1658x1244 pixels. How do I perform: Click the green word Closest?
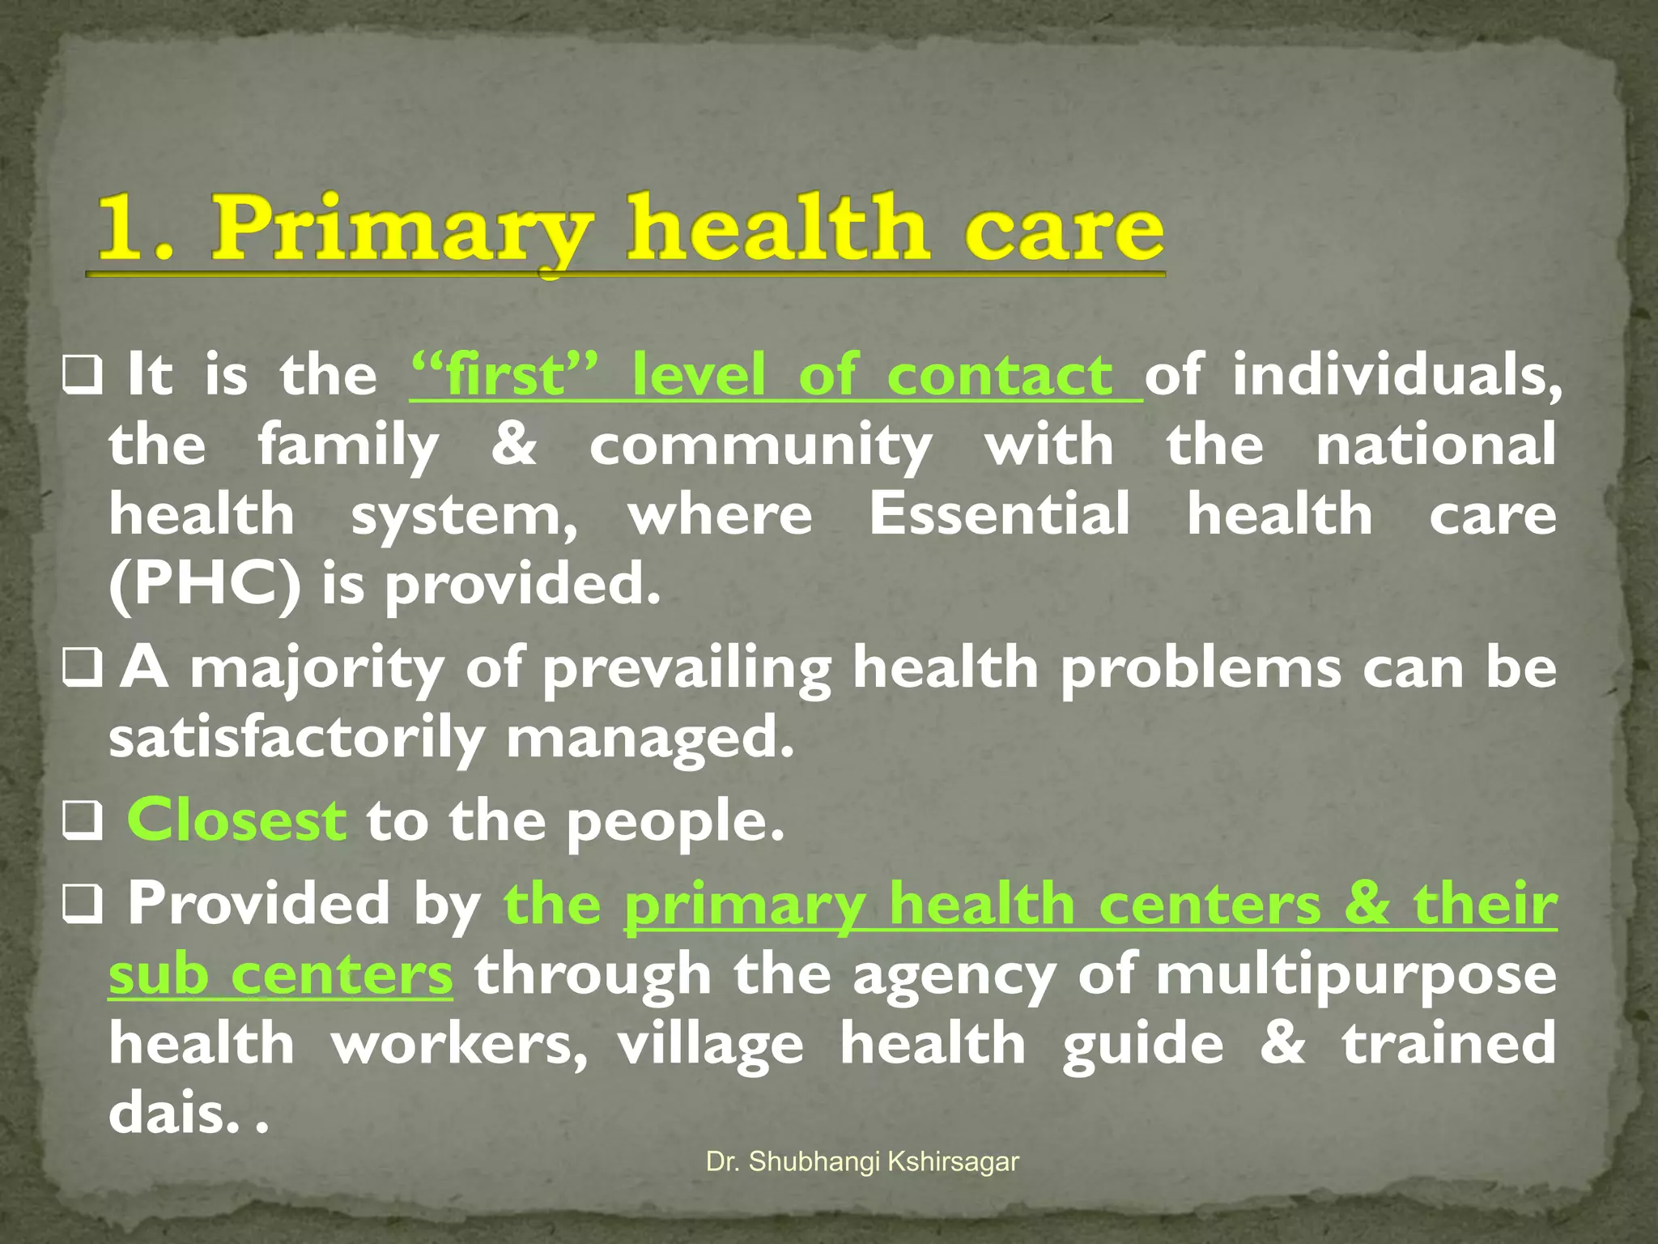tap(236, 820)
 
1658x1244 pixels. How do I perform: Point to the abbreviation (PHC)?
tap(204, 585)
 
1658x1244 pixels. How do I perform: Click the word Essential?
tap(999, 514)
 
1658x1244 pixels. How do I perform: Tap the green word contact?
tap(1000, 376)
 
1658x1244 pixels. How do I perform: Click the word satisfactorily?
tap(296, 739)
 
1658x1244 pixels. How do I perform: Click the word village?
tap(711, 1044)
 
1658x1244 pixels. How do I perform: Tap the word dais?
tap(174, 1113)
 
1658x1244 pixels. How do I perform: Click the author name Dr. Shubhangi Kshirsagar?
tap(862, 1161)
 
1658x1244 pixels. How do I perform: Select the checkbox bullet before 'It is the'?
tap(83, 377)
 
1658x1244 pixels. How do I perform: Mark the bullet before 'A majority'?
tap(83, 669)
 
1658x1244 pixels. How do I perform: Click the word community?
tap(760, 445)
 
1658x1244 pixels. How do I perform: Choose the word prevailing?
tap(687, 669)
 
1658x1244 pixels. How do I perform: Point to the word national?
tap(1435, 445)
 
